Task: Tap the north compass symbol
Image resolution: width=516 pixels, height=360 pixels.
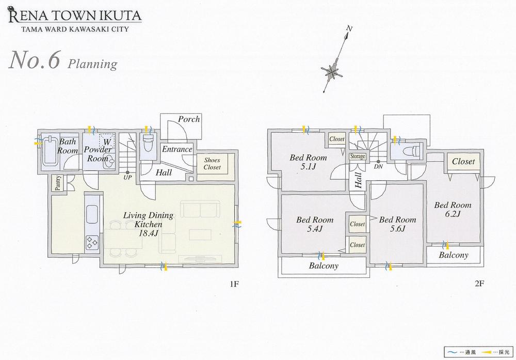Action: click(x=331, y=71)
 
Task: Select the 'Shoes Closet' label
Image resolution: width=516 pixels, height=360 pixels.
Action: click(x=212, y=164)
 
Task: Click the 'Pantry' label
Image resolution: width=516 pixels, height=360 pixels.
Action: click(x=57, y=184)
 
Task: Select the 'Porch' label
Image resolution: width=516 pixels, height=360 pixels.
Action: click(x=189, y=119)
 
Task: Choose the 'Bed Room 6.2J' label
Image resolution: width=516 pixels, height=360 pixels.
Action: click(x=452, y=209)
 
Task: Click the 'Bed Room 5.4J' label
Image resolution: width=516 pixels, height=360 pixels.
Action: click(x=314, y=224)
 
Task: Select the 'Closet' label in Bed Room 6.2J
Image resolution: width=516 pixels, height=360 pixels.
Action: click(x=463, y=162)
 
